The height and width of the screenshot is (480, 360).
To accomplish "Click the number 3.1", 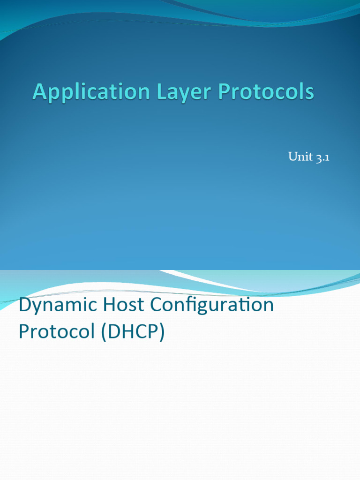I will pyautogui.click(x=322, y=157).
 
